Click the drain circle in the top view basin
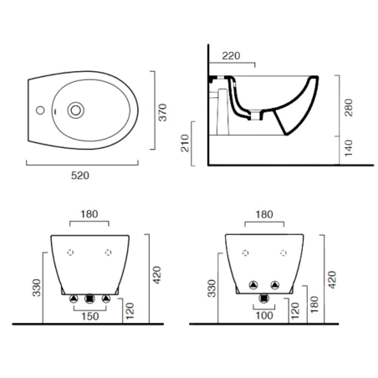point(75,108)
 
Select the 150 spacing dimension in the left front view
point(89,316)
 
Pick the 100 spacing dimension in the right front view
point(265,316)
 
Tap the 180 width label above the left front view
point(88,214)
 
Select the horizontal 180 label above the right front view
point(264,214)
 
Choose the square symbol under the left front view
point(89,299)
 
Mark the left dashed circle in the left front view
point(70,252)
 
